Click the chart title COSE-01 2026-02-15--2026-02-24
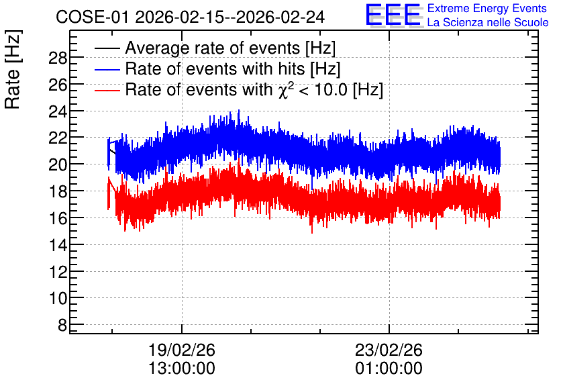tap(191, 17)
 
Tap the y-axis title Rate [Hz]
tap(13, 69)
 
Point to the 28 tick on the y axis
tap(58, 58)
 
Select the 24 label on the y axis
tap(58, 111)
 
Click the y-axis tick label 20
tap(58, 164)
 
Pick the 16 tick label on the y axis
tap(58, 218)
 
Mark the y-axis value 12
tap(58, 272)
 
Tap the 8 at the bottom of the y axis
tap(62, 325)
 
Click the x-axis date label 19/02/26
tap(182, 350)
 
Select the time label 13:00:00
tap(182, 368)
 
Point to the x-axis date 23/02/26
tap(389, 350)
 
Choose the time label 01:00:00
tap(389, 368)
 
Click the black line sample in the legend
tap(107, 48)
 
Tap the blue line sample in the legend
tap(107, 69)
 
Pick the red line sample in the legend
tap(107, 90)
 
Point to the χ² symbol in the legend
tap(286, 90)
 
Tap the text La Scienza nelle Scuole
tap(488, 23)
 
